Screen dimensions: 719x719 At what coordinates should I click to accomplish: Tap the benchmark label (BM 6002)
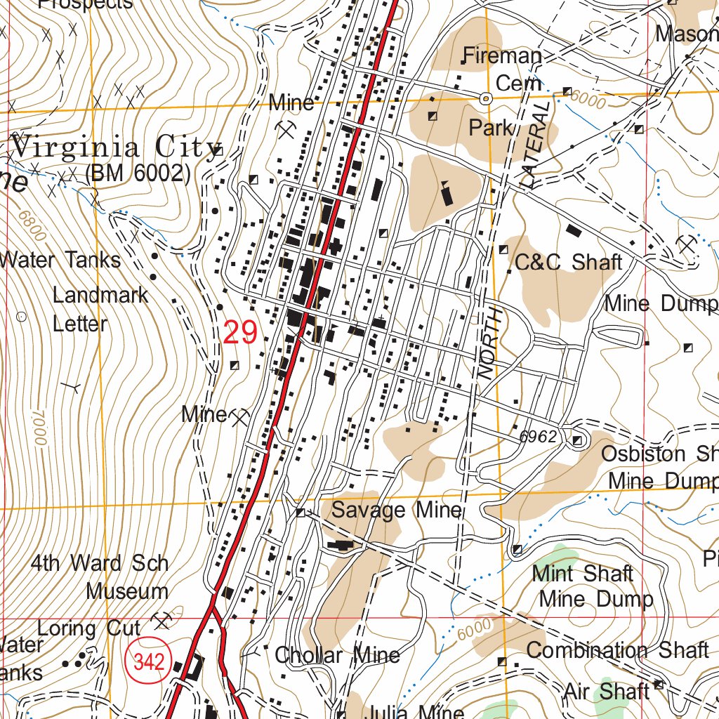(x=138, y=173)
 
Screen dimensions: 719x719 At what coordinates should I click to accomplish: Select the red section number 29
(x=240, y=332)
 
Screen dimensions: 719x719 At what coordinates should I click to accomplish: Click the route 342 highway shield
(x=149, y=661)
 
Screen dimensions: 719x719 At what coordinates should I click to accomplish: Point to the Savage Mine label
(x=397, y=510)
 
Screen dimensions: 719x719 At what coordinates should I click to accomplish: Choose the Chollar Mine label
(x=337, y=656)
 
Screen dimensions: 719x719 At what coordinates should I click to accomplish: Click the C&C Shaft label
(x=568, y=263)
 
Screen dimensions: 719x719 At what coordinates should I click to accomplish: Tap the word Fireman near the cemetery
(x=503, y=56)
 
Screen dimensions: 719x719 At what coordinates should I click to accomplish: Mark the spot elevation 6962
(x=538, y=437)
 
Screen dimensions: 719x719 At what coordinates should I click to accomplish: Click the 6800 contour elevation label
(x=32, y=226)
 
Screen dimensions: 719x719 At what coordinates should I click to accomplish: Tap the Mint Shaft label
(x=583, y=574)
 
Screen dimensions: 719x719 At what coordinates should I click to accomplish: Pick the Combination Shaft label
(x=617, y=650)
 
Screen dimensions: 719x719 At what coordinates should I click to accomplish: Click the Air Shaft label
(x=606, y=692)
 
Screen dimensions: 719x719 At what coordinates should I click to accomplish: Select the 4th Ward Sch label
(x=100, y=563)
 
